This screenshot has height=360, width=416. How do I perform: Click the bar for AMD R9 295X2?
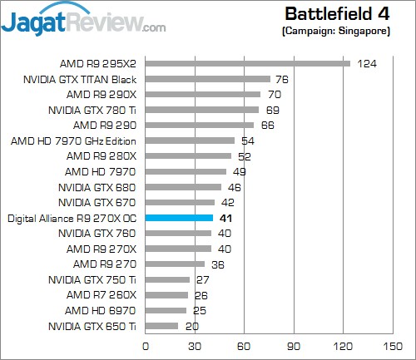click(x=247, y=63)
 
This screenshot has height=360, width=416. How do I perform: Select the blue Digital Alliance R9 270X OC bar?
click(x=179, y=218)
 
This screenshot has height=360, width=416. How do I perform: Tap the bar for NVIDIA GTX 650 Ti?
click(x=161, y=326)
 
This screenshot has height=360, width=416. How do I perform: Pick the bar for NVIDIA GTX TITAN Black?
click(x=208, y=79)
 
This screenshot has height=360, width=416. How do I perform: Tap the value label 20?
click(x=192, y=326)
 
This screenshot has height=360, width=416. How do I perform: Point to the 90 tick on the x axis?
click(x=293, y=345)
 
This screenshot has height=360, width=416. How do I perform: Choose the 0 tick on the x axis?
click(x=146, y=345)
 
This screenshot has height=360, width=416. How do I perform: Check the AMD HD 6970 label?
click(x=104, y=310)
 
